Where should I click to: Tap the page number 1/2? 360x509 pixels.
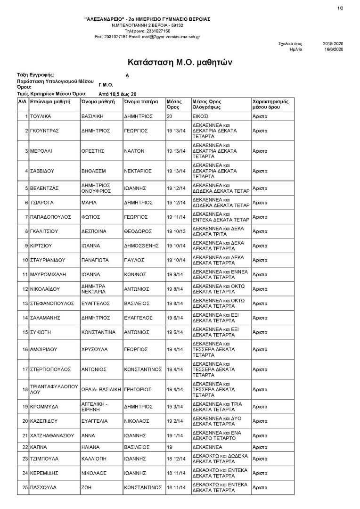[341, 8]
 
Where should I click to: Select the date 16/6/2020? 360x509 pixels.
[333, 49]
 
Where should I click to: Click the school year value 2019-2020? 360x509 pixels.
[333, 43]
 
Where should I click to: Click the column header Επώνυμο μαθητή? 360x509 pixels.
[50, 101]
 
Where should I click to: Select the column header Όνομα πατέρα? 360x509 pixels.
[139, 101]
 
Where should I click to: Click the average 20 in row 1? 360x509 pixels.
[170, 115]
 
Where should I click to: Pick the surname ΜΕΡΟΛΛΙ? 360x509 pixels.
[41, 151]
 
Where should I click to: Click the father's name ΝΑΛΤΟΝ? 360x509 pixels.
[134, 151]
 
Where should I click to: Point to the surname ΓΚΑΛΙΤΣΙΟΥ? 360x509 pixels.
[46, 231]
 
